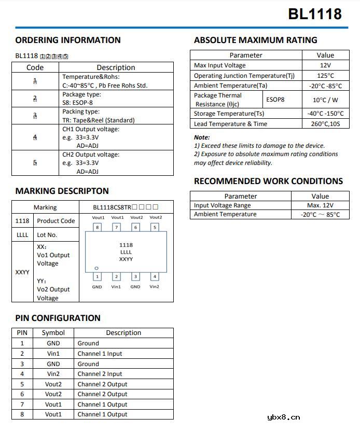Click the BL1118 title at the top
coord(314,14)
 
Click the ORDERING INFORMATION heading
coord(68,40)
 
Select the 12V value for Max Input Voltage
coord(325,65)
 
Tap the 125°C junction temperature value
coord(325,75)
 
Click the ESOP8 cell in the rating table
coord(275,100)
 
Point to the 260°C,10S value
coord(325,124)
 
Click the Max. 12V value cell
coord(320,205)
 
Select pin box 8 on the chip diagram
coord(97,227)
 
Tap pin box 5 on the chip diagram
coord(155,227)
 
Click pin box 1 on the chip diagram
coord(97,277)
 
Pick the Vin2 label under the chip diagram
coord(155,287)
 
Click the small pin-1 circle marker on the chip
coord(96,268)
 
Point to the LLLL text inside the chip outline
coord(126,252)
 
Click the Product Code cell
coord(56,221)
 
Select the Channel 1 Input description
coord(100,354)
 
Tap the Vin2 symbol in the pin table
coord(53,374)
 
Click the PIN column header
coord(22,333)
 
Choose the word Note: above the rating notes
coord(202,137)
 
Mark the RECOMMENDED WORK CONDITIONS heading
coord(268,181)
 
